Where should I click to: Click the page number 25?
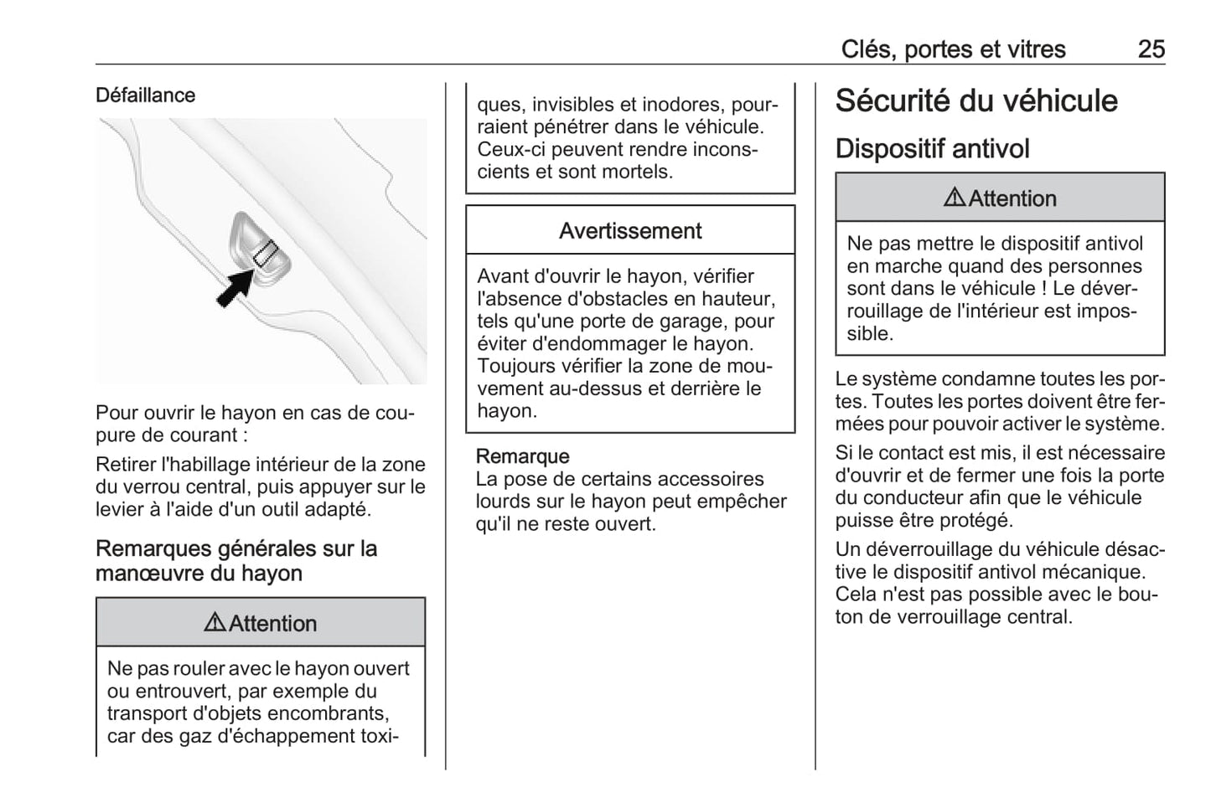click(x=1151, y=49)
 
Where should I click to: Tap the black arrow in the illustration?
click(x=235, y=287)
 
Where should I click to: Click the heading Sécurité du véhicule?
click(x=976, y=101)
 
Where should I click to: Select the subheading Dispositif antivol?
click(x=932, y=149)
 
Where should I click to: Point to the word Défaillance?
click(x=145, y=95)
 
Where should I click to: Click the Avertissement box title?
click(x=630, y=231)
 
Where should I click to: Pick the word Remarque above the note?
click(x=522, y=456)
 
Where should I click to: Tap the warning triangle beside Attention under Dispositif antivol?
click(x=955, y=198)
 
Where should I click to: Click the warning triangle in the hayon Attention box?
click(x=215, y=623)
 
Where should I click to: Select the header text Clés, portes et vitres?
click(x=953, y=49)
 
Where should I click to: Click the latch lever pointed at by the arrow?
click(x=266, y=252)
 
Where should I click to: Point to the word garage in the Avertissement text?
click(x=701, y=322)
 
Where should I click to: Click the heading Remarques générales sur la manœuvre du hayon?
click(x=236, y=561)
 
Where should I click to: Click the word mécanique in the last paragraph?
click(x=1098, y=573)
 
